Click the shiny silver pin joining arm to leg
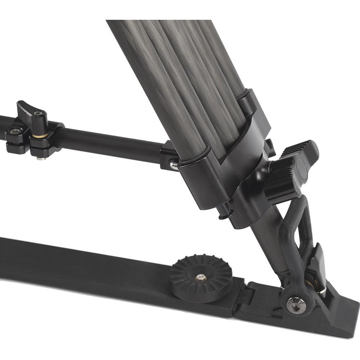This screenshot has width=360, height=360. point(174,165)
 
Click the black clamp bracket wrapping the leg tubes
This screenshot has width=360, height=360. point(223,169)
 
